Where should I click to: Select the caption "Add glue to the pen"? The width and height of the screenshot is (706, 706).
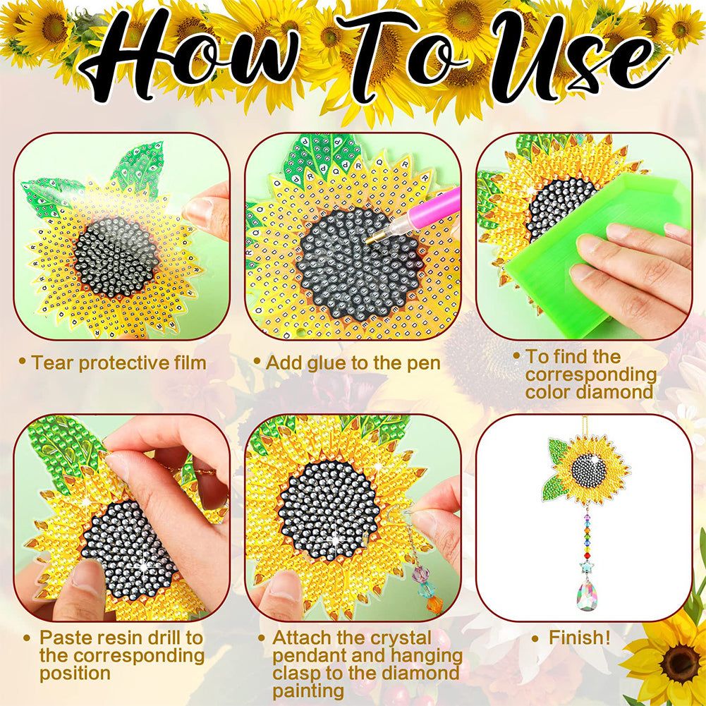coord(353,363)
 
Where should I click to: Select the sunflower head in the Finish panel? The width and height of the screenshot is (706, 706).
coord(590,469)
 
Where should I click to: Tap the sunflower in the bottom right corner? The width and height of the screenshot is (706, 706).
coord(667,659)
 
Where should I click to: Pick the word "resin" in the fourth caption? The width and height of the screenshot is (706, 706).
coord(123,638)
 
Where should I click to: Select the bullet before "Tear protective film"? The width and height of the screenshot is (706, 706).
coord(23,363)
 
